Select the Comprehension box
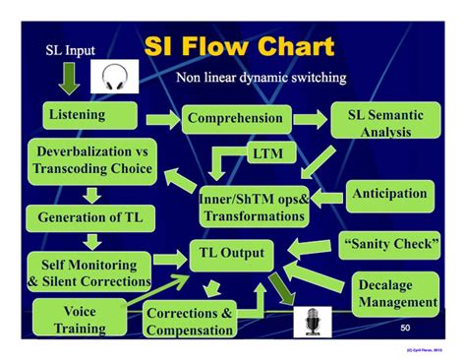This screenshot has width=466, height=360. [236, 120]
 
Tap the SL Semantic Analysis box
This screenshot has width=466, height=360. [384, 122]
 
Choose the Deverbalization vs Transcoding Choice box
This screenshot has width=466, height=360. [94, 160]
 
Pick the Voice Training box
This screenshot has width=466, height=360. [79, 319]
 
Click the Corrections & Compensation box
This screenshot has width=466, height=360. [189, 321]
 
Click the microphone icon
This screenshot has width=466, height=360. [312, 322]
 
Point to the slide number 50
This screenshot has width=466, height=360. [407, 326]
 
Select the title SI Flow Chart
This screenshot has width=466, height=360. [238, 46]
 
